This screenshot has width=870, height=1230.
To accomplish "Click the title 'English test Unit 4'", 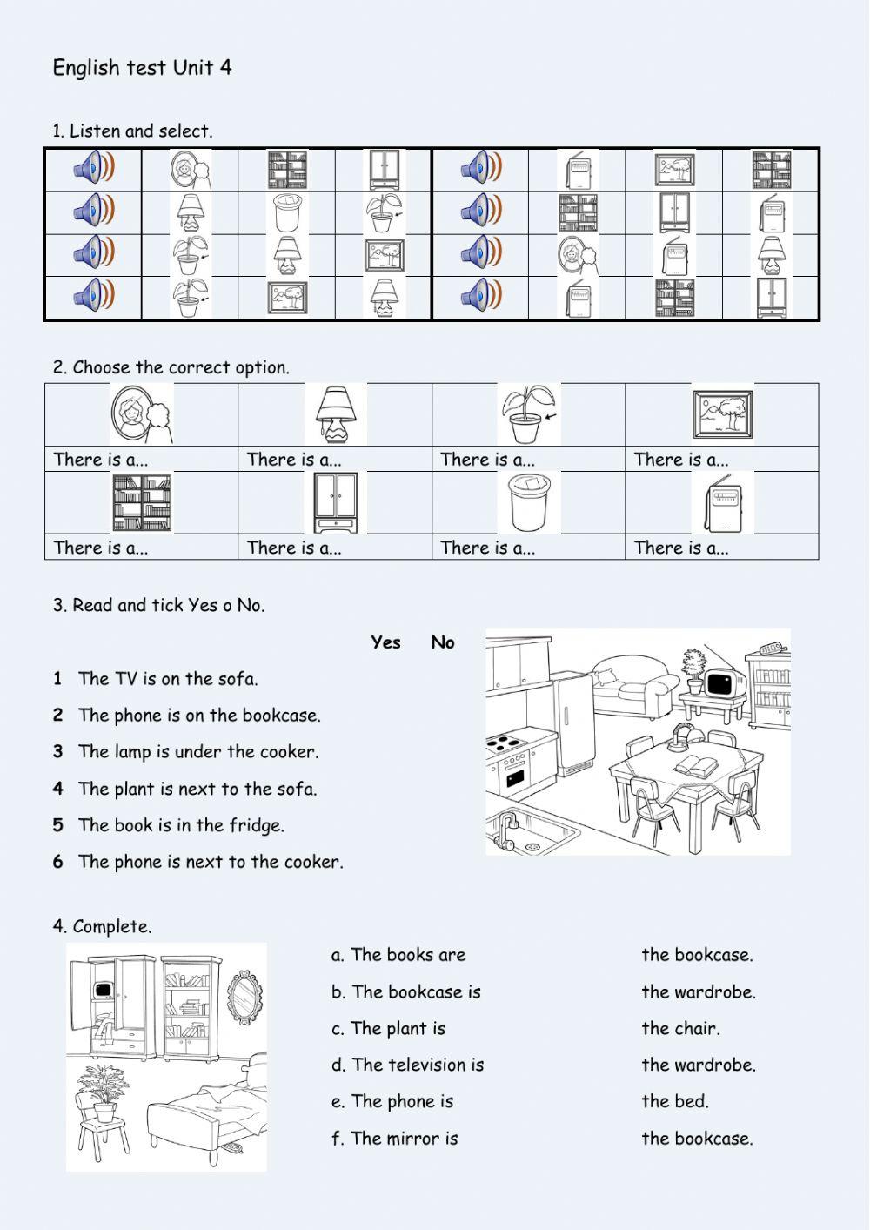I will [142, 68].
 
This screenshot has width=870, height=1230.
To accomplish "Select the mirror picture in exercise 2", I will [142, 415].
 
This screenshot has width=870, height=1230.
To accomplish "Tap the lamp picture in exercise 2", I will [335, 415].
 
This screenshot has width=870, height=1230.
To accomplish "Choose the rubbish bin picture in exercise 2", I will [529, 502].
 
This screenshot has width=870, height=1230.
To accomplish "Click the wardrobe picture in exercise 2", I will [335, 502].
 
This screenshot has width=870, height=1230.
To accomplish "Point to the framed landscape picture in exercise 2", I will [722, 415].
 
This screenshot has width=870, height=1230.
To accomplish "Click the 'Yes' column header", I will [385, 642].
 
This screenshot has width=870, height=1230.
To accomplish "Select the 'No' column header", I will [442, 642].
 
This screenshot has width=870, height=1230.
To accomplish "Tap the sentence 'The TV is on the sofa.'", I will [168, 679].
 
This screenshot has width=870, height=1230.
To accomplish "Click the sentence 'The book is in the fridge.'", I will [181, 825].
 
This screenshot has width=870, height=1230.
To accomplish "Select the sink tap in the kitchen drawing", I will [505, 827].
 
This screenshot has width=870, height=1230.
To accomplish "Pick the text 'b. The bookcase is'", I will [405, 991].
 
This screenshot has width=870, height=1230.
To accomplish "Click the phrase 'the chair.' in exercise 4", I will [680, 1028].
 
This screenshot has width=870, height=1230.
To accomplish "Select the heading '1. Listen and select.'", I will [132, 131].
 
